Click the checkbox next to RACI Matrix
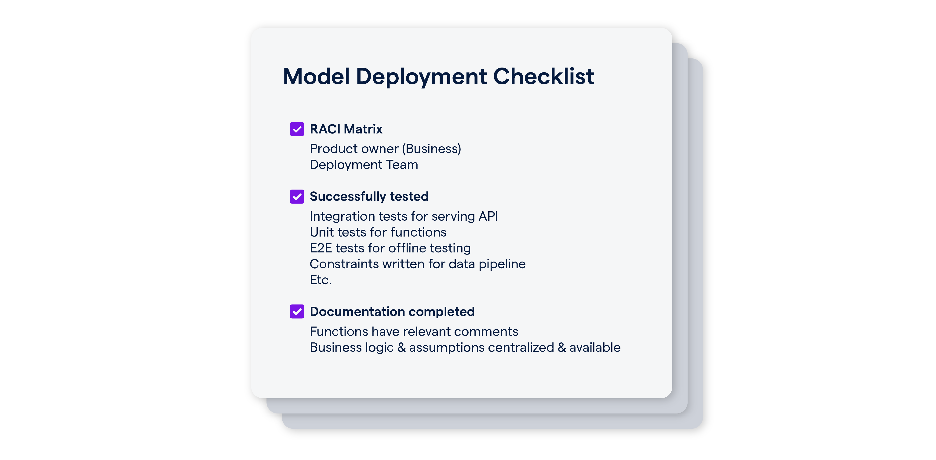pyautogui.click(x=297, y=129)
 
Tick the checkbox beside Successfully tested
pyautogui.click(x=297, y=196)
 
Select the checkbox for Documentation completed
pyautogui.click(x=297, y=312)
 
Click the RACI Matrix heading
pyautogui.click(x=346, y=129)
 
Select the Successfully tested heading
pyautogui.click(x=369, y=196)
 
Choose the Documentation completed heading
pyautogui.click(x=392, y=312)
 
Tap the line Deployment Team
pyautogui.click(x=364, y=165)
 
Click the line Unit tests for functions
pyautogui.click(x=378, y=232)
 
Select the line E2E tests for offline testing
pyautogui.click(x=390, y=248)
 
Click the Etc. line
pyautogui.click(x=320, y=280)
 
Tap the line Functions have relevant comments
pyautogui.click(x=414, y=331)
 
